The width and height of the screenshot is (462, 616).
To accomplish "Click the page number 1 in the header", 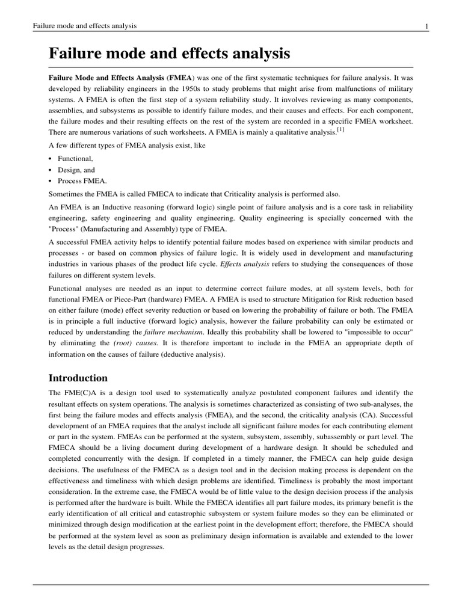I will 426,26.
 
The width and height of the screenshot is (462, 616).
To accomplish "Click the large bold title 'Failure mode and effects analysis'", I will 169,54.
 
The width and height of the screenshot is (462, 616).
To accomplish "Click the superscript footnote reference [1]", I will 340,129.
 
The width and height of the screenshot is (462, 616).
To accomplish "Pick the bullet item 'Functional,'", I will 75,158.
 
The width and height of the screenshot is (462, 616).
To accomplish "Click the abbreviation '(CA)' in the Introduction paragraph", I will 367,414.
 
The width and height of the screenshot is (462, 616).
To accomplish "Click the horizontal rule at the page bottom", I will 231,584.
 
